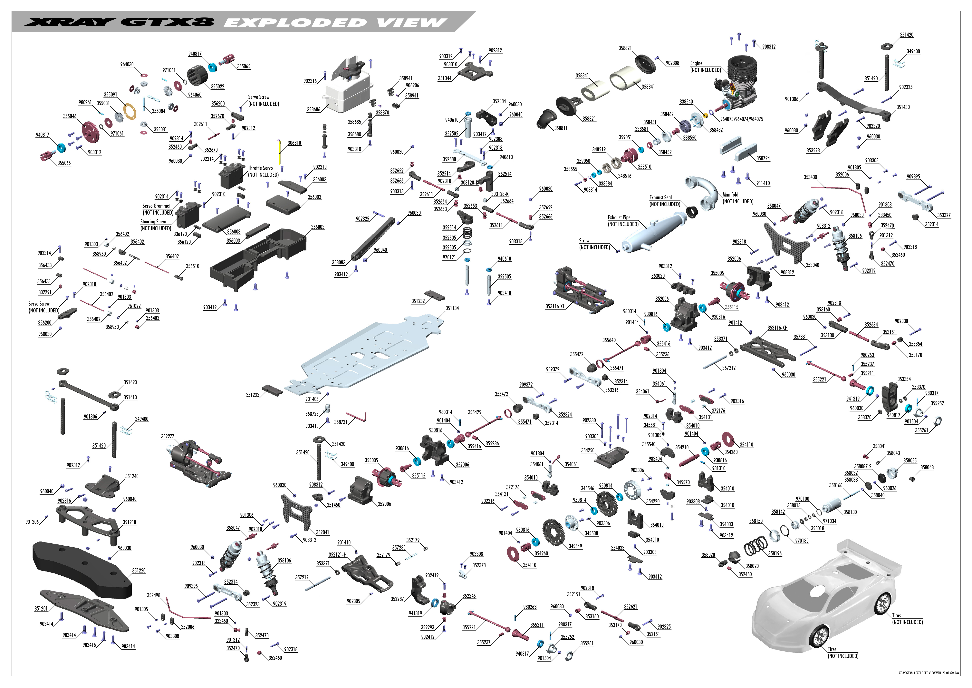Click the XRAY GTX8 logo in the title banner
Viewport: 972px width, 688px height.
[x=119, y=22]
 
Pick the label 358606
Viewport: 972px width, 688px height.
[x=313, y=109]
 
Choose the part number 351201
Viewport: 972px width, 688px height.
[x=41, y=609]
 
